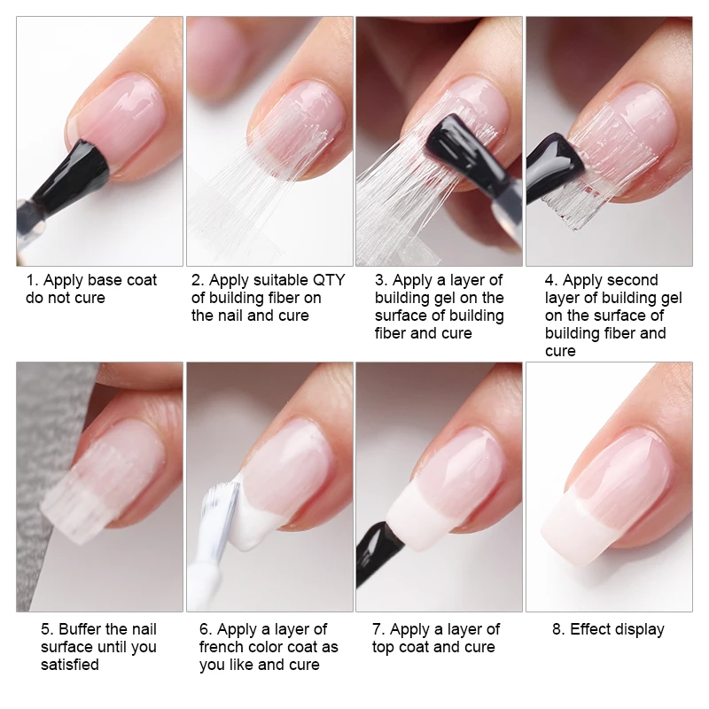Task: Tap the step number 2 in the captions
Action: tap(197, 280)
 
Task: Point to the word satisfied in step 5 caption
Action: tap(70, 665)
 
